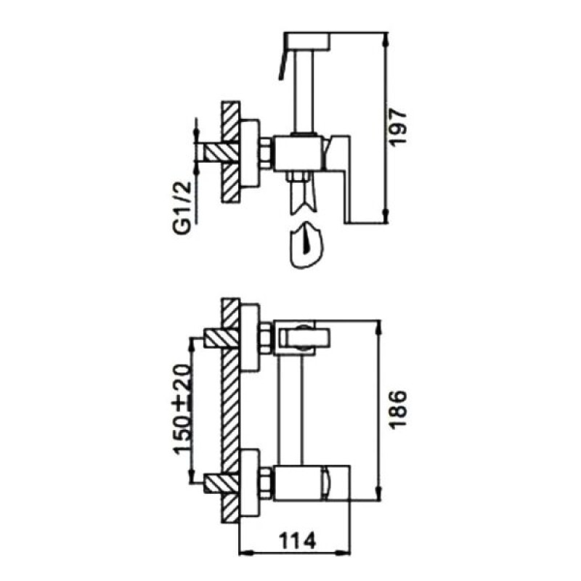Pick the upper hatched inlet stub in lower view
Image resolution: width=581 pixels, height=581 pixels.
(x=216, y=338)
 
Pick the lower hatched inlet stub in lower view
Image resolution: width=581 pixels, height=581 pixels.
(x=216, y=483)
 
